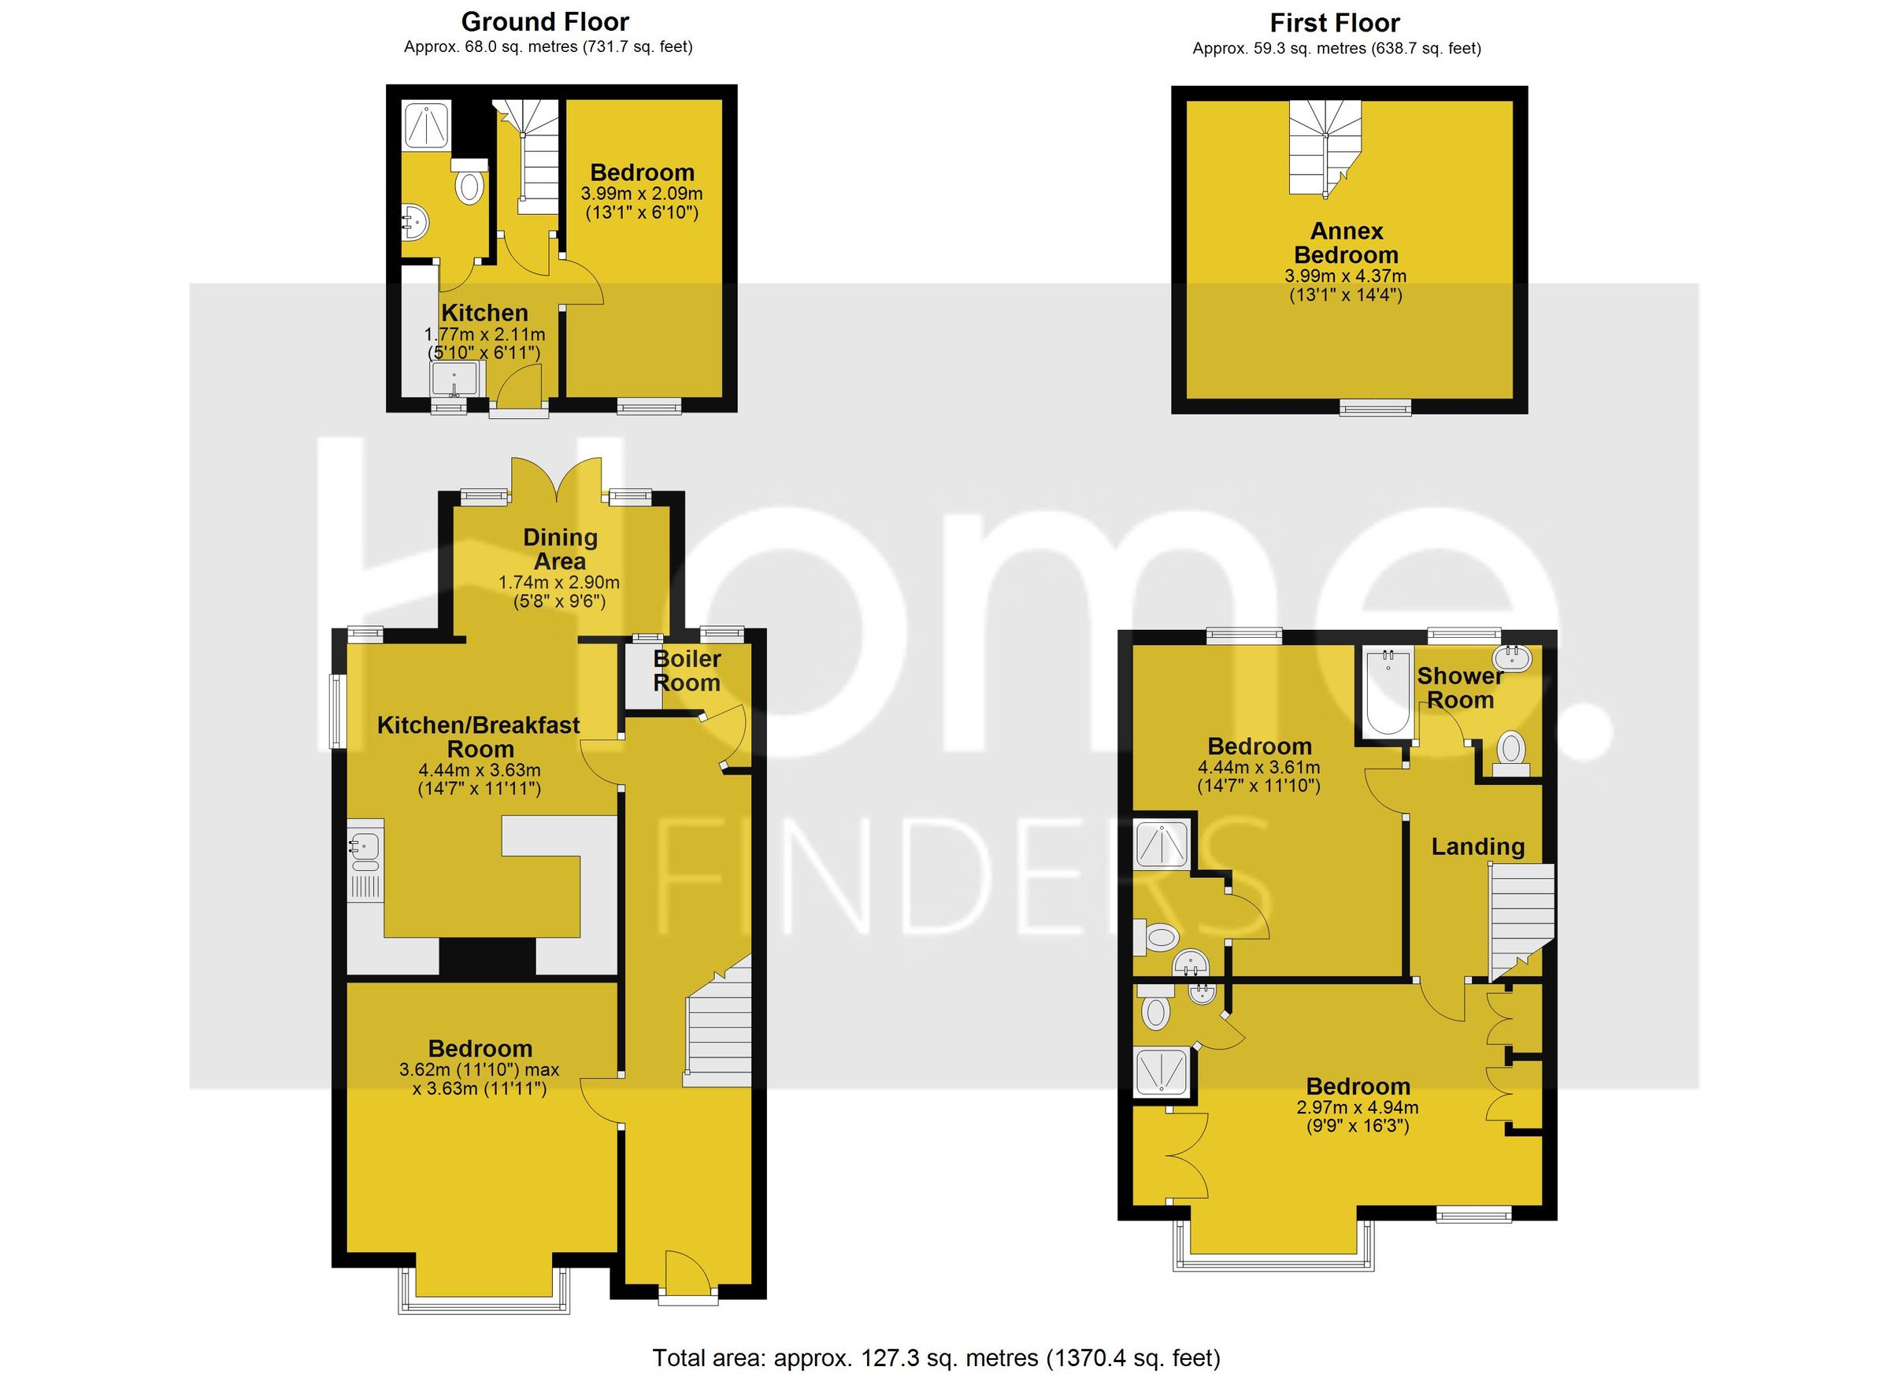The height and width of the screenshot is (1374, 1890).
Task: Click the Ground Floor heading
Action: [x=545, y=22]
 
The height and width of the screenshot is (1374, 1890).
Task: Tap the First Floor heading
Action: [x=1334, y=23]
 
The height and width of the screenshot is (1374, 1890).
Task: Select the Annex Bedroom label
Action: [x=1346, y=243]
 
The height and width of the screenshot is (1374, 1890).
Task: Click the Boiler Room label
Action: [x=687, y=671]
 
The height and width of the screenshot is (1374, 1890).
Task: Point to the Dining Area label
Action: [x=560, y=549]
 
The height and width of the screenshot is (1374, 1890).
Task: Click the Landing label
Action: [x=1477, y=847]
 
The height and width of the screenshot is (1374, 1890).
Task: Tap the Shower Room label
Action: [x=1460, y=688]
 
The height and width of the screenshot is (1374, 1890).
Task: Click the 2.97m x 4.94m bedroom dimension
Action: [x=1357, y=1108]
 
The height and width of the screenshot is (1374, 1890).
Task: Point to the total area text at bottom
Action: [x=935, y=1357]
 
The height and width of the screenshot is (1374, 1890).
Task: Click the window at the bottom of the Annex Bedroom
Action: [x=1375, y=406]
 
